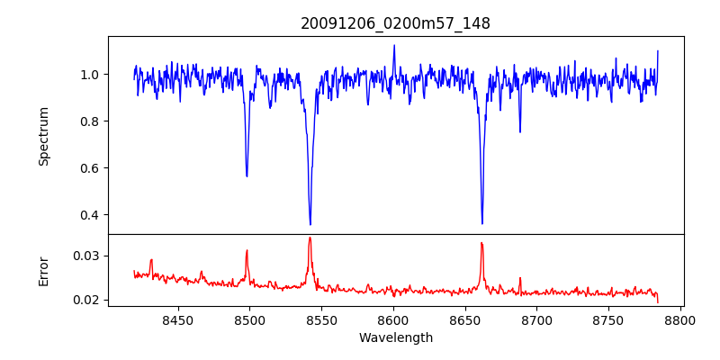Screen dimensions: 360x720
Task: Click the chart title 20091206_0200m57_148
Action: click(x=395, y=24)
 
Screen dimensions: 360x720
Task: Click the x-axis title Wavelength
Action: click(x=395, y=337)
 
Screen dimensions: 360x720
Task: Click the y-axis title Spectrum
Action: click(x=44, y=136)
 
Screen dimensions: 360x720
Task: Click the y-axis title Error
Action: click(x=44, y=271)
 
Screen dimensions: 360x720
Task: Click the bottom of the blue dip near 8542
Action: click(x=310, y=224)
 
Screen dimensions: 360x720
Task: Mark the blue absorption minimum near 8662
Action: click(x=482, y=223)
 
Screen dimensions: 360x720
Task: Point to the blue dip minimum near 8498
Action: click(x=247, y=175)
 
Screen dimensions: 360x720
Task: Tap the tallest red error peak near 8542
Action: click(x=310, y=238)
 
